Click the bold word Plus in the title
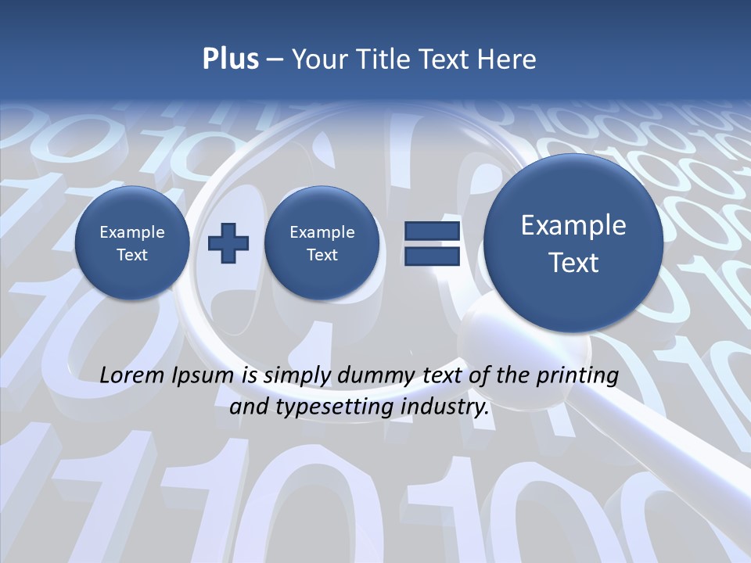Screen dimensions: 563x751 [230, 59]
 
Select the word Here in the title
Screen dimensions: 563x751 [508, 59]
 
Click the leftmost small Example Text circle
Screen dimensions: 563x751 [132, 243]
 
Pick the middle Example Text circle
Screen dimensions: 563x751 [322, 243]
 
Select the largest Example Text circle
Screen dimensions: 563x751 [573, 243]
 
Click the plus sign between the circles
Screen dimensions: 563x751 [228, 243]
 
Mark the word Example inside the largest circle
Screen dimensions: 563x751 [573, 225]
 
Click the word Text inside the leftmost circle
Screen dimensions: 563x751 [132, 255]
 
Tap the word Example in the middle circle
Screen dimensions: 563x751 [322, 232]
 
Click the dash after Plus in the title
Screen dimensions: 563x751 [275, 59]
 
